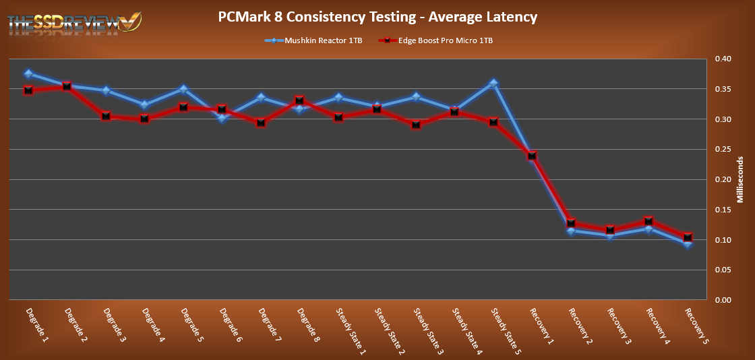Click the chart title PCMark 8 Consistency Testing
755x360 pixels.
tap(377, 16)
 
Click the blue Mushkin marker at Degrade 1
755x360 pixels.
tap(28, 73)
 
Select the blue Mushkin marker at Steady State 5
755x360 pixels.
tap(493, 84)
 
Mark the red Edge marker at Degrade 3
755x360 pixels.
tap(106, 116)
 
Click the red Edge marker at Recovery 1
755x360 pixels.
tap(532, 156)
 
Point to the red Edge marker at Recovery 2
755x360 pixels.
tap(571, 222)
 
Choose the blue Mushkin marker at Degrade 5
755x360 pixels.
tap(183, 89)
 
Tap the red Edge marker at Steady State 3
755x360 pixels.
tap(416, 125)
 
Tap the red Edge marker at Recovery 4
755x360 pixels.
tap(648, 221)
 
